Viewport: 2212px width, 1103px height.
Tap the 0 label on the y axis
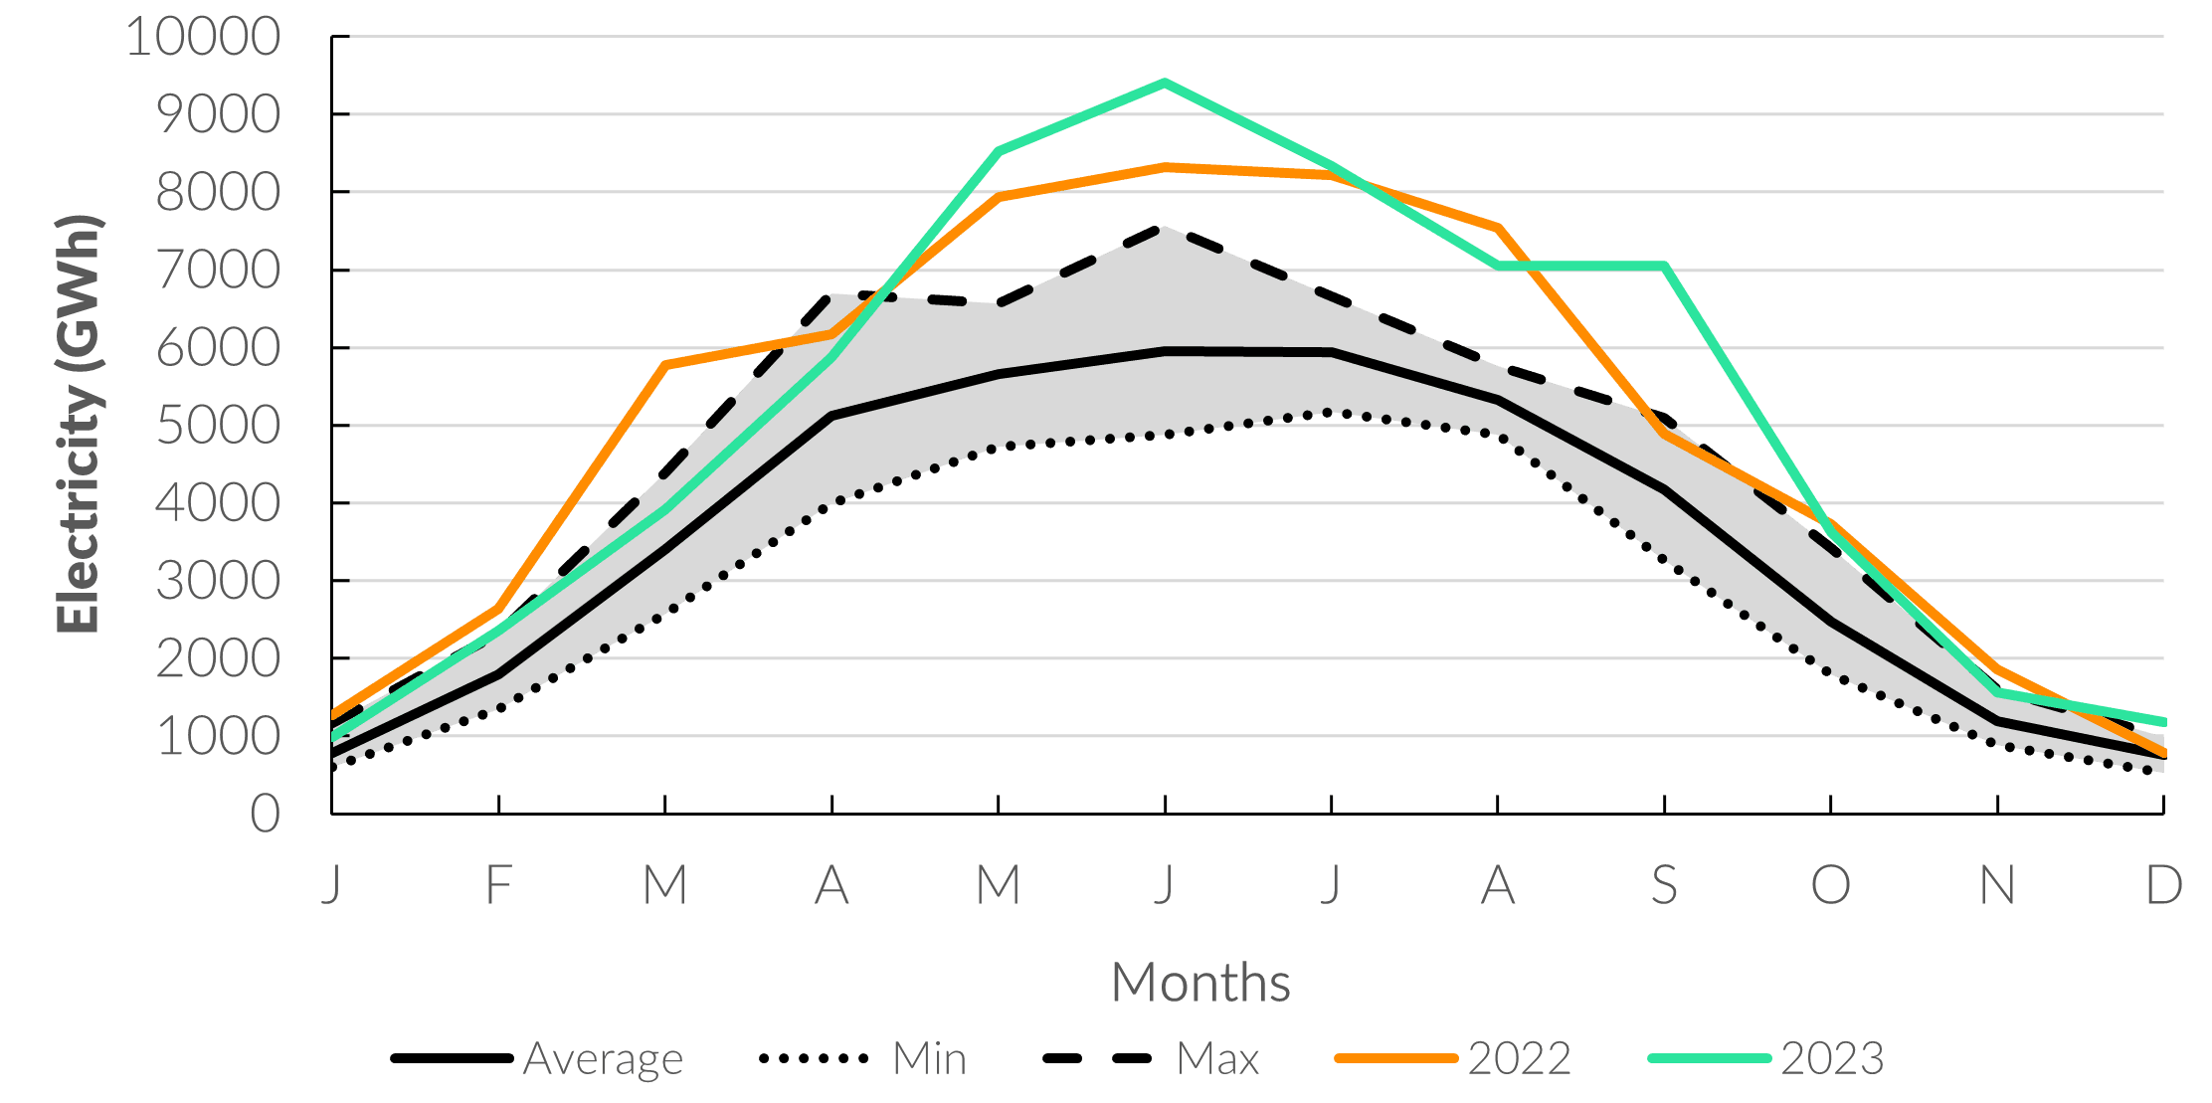click(266, 815)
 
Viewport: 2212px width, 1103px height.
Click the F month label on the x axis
click(498, 884)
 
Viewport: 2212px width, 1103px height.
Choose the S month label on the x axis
click(1664, 884)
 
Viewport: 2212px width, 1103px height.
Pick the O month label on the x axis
click(1831, 884)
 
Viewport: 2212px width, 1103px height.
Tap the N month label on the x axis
click(1997, 884)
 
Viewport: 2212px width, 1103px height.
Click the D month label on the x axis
click(2163, 884)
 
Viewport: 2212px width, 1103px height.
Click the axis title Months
click(1200, 983)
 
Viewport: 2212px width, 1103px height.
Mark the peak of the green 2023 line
click(1165, 83)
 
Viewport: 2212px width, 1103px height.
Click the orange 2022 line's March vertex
click(665, 365)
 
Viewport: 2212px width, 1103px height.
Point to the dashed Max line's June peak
click(1164, 228)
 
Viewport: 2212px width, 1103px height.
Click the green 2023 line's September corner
click(1664, 266)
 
